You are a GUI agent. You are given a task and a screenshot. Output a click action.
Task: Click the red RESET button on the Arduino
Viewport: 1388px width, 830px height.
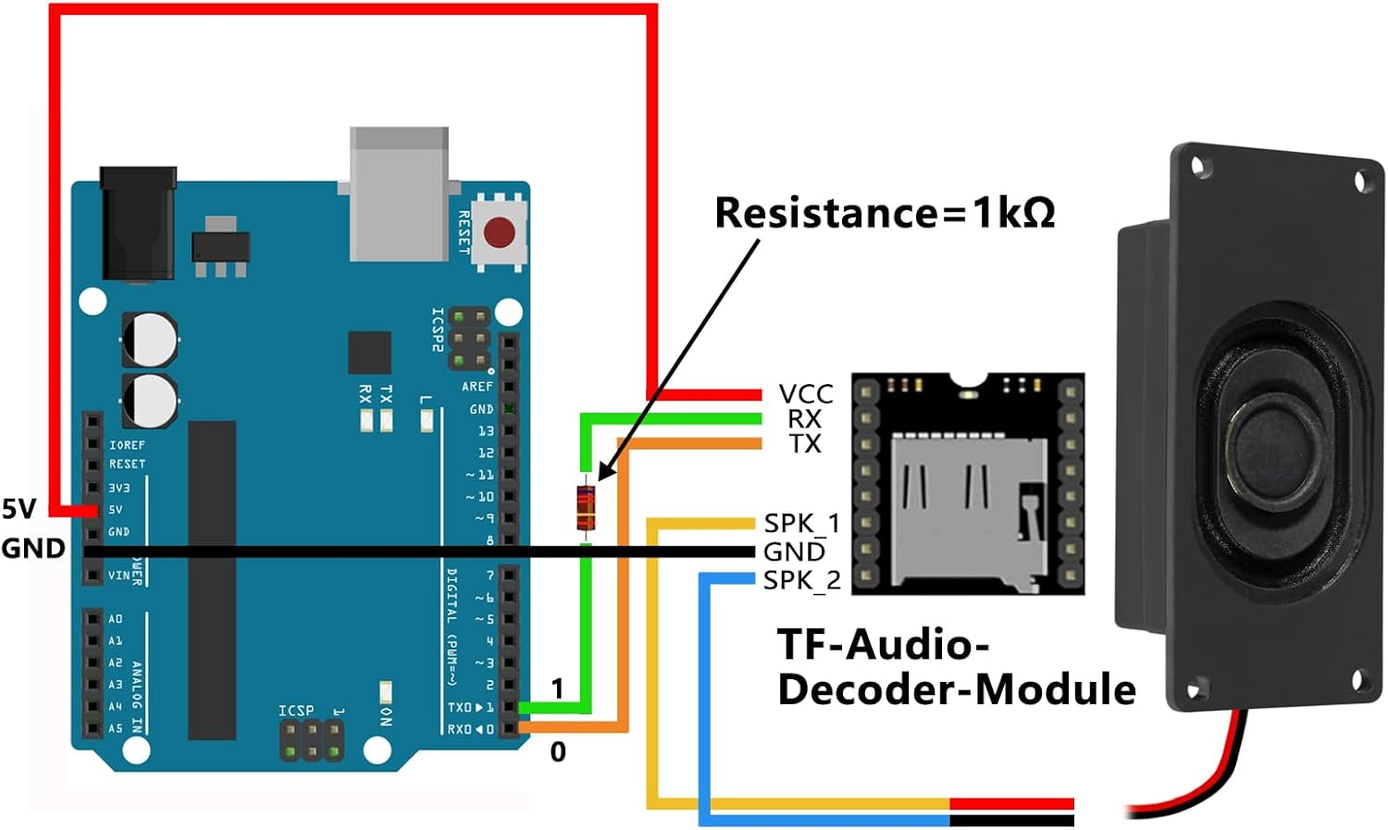tap(500, 231)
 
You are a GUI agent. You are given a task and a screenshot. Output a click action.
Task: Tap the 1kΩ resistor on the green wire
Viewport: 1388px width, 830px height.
tap(585, 507)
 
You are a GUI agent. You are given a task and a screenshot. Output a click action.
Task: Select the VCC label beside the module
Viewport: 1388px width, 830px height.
tap(805, 394)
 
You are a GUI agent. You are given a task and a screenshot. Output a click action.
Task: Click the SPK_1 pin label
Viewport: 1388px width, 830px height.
tap(801, 523)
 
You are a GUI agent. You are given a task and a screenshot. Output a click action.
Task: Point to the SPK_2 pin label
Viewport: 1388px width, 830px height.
tap(801, 580)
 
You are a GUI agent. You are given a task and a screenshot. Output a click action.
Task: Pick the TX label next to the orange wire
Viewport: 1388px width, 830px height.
tap(805, 444)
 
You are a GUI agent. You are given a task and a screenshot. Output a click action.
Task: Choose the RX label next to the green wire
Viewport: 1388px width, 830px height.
tap(804, 419)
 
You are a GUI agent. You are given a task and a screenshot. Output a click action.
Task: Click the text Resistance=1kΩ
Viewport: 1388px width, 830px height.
tap(885, 213)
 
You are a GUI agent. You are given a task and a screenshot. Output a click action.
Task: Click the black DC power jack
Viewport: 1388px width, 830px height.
tap(137, 222)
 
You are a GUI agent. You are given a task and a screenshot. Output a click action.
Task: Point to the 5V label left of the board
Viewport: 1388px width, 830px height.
tap(19, 508)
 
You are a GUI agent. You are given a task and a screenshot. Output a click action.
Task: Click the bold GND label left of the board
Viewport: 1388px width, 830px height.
tap(33, 548)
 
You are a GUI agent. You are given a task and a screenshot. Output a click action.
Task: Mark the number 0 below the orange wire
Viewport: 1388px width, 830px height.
tap(557, 751)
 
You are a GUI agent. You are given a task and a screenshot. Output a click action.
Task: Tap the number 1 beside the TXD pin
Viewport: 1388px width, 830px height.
tap(557, 688)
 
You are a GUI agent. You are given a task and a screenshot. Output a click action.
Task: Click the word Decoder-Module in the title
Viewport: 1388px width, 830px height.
tap(956, 689)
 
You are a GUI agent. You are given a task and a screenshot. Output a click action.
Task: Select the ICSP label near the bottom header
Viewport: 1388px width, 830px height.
tap(296, 711)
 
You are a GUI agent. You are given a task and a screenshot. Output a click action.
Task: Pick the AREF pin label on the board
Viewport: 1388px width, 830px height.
tap(477, 386)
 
